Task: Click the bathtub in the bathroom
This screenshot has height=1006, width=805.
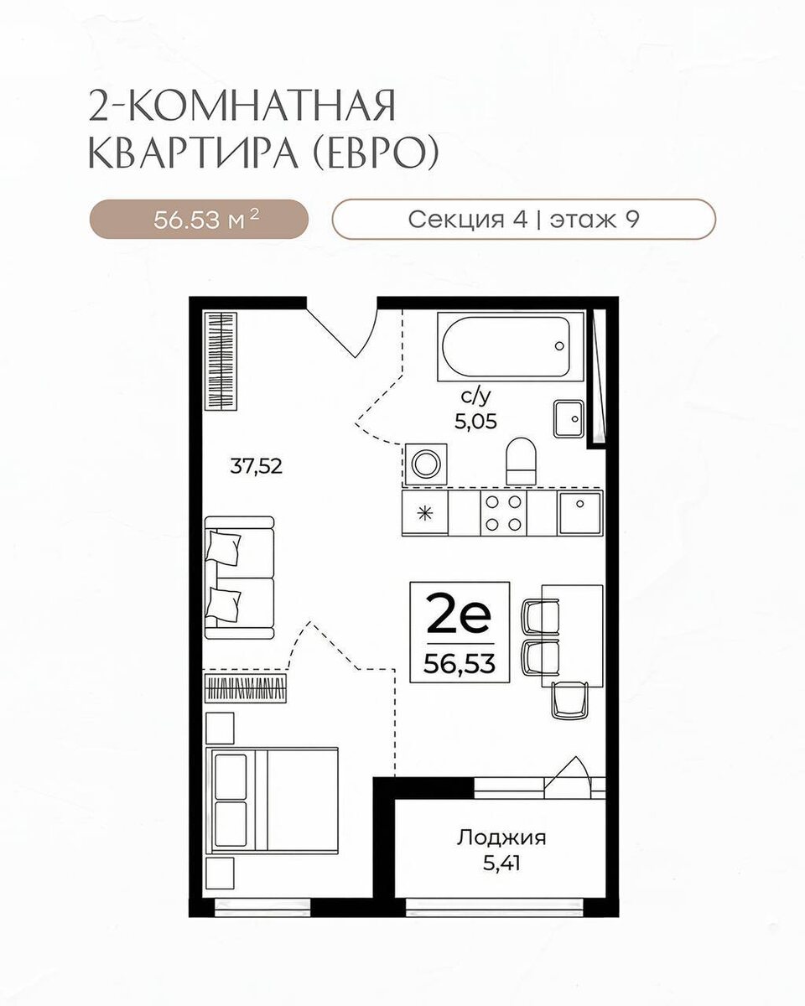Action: [x=511, y=347]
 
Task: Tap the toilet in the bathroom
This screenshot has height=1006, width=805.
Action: [x=521, y=461]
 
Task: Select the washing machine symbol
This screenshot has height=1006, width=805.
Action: [x=426, y=464]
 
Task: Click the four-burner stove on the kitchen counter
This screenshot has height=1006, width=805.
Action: [x=503, y=512]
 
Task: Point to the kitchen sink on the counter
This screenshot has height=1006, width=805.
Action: [x=580, y=513]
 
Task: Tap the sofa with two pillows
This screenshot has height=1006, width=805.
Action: [x=240, y=578]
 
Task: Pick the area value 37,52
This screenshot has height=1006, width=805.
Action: [x=257, y=466]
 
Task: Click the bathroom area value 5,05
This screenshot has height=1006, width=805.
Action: [x=475, y=422]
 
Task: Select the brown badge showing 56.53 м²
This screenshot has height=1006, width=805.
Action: [x=199, y=220]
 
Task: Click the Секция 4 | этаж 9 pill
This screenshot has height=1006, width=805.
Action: [x=524, y=220]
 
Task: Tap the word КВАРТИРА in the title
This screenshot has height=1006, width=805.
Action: [x=193, y=153]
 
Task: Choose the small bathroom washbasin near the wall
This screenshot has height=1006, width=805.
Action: [x=569, y=419]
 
